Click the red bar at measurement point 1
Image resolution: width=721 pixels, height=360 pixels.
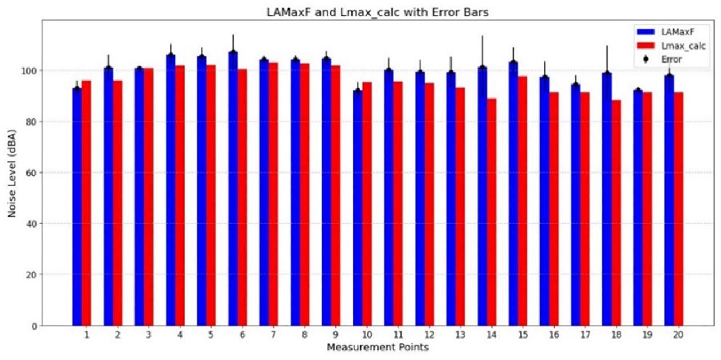(x=86, y=203)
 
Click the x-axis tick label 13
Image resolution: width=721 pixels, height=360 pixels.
(x=460, y=335)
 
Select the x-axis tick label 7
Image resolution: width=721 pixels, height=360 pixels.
(x=273, y=335)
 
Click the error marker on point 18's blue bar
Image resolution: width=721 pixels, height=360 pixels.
(x=607, y=73)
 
